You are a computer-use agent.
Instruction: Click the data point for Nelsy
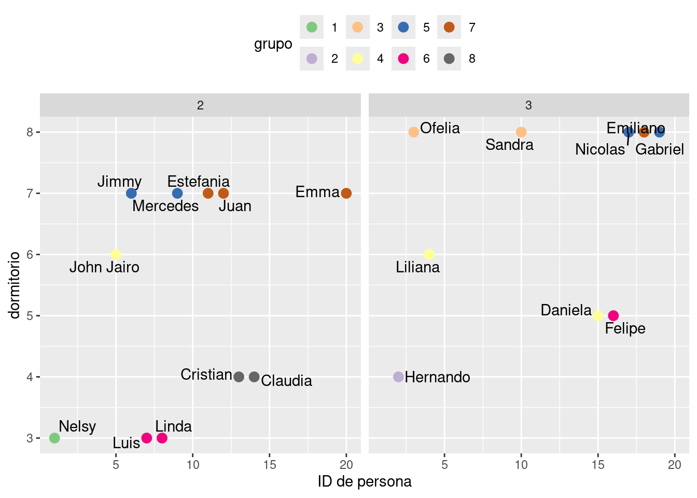point(54,438)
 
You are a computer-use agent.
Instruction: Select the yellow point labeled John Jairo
point(116,254)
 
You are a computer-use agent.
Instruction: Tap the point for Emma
point(346,193)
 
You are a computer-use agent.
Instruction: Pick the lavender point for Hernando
point(398,377)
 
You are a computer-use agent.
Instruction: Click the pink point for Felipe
point(613,315)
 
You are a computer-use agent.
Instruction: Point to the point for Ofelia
point(414,132)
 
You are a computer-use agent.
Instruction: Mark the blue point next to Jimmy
point(131,193)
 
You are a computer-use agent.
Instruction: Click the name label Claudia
point(286,381)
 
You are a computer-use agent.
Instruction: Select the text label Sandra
point(509,145)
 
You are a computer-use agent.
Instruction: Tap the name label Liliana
point(417,267)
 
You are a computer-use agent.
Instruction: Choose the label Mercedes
point(165,206)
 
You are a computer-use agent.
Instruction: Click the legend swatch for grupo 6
point(403,59)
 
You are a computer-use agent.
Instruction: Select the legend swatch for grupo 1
point(312,27)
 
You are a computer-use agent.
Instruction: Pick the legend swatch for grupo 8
point(449,59)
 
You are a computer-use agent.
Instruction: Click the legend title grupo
point(273,44)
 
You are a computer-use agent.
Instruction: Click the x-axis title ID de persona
point(365,481)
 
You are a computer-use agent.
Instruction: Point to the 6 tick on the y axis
point(30,254)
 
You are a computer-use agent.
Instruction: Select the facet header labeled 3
point(528,105)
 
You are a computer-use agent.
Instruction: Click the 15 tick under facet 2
point(269,465)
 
